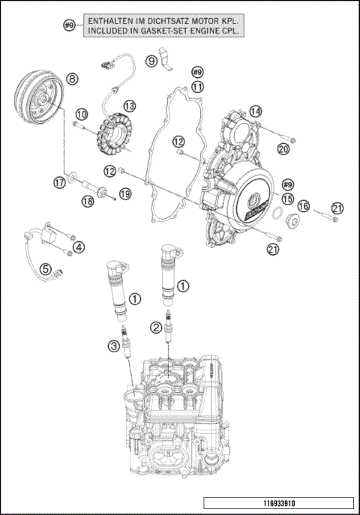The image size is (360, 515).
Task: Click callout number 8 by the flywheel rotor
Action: (71, 78)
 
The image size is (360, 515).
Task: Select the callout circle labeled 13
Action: (130, 106)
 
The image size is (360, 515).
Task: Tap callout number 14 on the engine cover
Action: (256, 112)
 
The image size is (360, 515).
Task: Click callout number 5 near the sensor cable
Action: (46, 268)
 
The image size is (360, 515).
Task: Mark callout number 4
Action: (79, 247)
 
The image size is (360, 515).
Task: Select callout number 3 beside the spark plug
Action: (113, 346)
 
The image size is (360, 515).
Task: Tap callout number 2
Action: (155, 326)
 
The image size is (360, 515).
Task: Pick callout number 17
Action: (59, 182)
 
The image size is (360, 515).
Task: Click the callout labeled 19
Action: (125, 193)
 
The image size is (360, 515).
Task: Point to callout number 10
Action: (81, 113)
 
